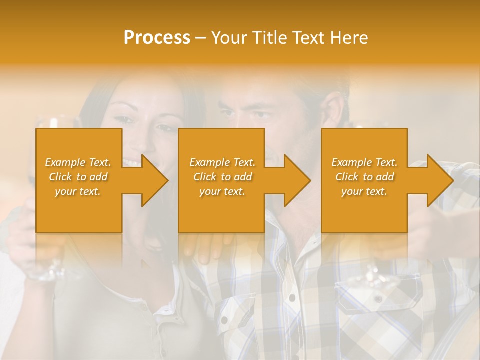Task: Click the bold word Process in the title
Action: (157, 38)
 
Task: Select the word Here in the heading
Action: (348, 38)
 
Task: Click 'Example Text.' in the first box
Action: (78, 162)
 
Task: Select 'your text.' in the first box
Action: (78, 191)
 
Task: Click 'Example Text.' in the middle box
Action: (222, 162)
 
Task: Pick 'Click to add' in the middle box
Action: (222, 177)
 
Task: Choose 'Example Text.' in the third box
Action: (364, 162)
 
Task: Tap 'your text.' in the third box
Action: (364, 191)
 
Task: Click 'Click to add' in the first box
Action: (78, 177)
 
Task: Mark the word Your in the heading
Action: (229, 38)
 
